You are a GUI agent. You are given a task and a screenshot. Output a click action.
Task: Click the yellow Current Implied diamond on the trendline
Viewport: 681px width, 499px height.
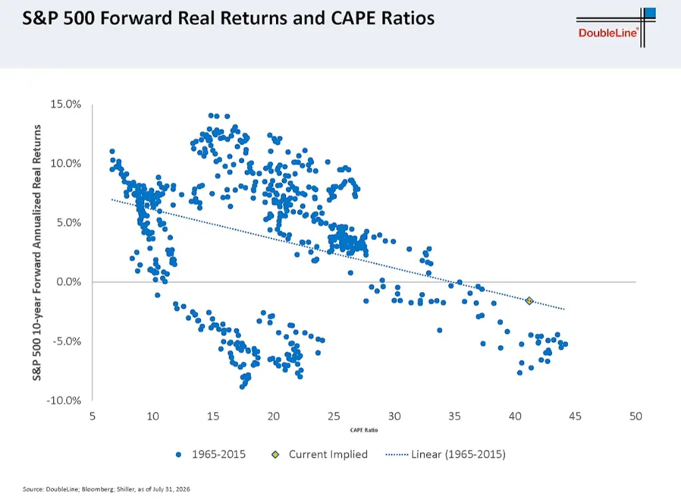(x=529, y=301)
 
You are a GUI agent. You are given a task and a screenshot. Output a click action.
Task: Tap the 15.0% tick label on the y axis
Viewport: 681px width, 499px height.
(x=66, y=104)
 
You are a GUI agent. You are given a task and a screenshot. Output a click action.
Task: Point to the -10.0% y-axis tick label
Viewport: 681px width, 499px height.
(x=64, y=401)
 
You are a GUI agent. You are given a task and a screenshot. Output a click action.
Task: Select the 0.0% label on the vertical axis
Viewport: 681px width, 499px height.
(x=68, y=282)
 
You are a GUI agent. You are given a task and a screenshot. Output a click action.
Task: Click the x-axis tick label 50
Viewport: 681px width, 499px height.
(x=635, y=416)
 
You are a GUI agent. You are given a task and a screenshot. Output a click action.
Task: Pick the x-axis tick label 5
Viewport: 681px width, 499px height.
(x=92, y=416)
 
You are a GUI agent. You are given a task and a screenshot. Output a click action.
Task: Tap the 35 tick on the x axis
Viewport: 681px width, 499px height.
(x=454, y=416)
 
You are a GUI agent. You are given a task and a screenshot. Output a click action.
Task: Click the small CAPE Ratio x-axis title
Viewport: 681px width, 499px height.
(x=364, y=430)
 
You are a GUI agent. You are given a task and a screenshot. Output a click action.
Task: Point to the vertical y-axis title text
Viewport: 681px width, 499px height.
(x=37, y=253)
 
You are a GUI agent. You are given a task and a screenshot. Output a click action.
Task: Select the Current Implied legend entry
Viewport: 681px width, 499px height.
(x=320, y=454)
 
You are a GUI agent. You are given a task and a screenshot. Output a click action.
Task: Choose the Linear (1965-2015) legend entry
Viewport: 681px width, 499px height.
(x=446, y=454)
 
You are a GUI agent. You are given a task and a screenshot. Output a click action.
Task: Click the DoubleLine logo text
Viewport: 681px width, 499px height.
(x=608, y=33)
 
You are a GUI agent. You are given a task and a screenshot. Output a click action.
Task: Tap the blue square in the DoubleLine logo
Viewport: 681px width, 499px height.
(x=650, y=13)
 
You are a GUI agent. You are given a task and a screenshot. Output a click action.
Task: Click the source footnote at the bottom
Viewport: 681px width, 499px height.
(x=106, y=489)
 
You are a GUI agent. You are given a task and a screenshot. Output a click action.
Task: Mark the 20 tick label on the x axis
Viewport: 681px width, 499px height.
(x=273, y=416)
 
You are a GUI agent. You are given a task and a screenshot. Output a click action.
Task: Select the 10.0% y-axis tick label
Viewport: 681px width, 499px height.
(x=66, y=164)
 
